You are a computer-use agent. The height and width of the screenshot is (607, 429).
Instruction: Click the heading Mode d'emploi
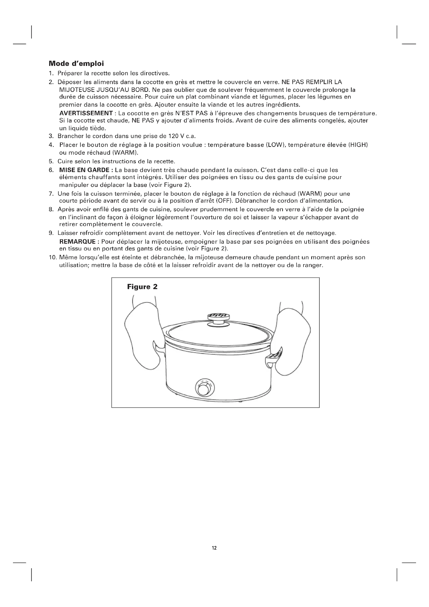(76, 64)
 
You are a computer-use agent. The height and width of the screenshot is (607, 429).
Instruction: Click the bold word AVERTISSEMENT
(86, 113)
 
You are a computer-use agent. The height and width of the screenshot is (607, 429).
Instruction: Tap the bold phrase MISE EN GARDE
(85, 170)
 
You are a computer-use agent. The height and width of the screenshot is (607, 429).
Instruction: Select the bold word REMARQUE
(77, 242)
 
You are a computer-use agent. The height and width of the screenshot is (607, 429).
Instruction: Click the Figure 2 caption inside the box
(142, 287)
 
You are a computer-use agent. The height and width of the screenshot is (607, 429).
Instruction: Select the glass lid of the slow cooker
(218, 335)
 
